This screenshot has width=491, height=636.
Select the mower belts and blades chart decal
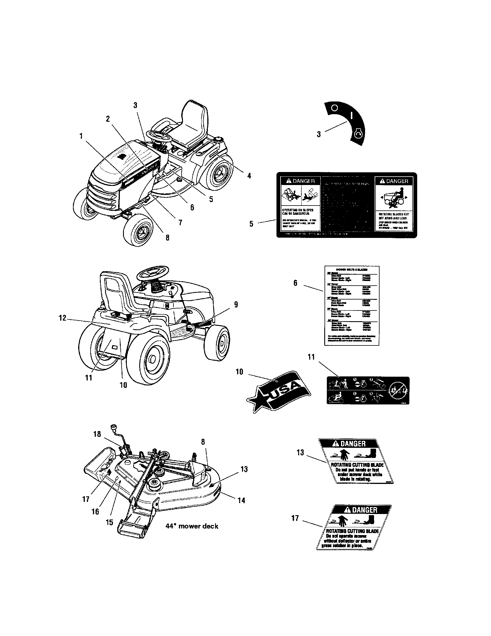click(x=352, y=306)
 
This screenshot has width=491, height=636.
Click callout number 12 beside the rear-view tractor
click(x=63, y=318)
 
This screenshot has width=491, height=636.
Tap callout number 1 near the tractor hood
click(x=81, y=136)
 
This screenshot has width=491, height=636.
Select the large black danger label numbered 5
click(x=346, y=205)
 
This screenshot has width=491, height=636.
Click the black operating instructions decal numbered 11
click(x=368, y=390)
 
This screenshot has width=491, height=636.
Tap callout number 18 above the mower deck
click(x=97, y=442)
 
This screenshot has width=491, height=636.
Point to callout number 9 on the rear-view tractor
click(x=236, y=305)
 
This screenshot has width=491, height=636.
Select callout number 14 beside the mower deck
click(x=241, y=501)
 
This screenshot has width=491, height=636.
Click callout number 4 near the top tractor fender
click(x=249, y=175)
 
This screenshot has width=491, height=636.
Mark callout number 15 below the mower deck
click(x=109, y=522)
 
